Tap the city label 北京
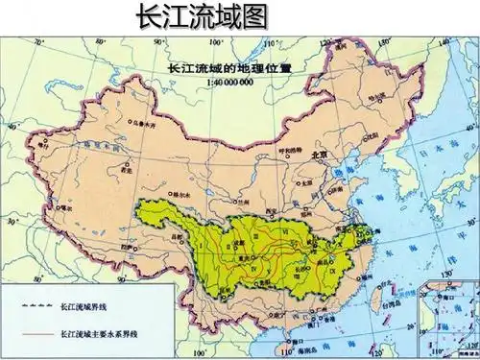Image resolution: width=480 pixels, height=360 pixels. pyautogui.click(x=319, y=154)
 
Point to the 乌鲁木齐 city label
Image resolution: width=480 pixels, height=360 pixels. pyautogui.click(x=142, y=124)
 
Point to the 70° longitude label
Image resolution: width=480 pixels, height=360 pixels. pyautogui.click(x=37, y=43)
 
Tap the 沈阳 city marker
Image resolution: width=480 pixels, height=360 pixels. pyautogui.click(x=372, y=135)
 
